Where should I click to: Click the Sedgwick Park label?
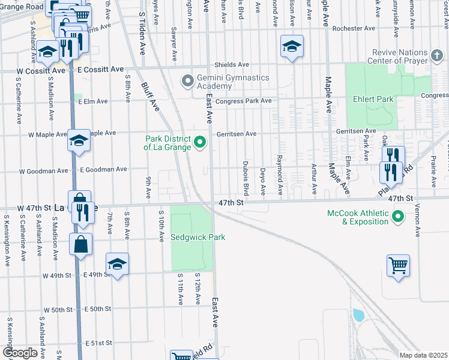point(198,237)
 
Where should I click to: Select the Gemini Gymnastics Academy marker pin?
point(188,79)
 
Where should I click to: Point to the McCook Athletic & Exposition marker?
point(397,216)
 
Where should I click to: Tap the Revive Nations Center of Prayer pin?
point(438,56)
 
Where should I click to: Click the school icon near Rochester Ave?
point(292,47)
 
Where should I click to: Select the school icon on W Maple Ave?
point(79,141)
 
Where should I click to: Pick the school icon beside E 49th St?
point(117,265)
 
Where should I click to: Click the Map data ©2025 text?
point(423,355)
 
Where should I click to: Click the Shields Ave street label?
point(232,65)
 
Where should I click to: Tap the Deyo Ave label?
point(263,181)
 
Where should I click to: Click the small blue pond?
point(359,315)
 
